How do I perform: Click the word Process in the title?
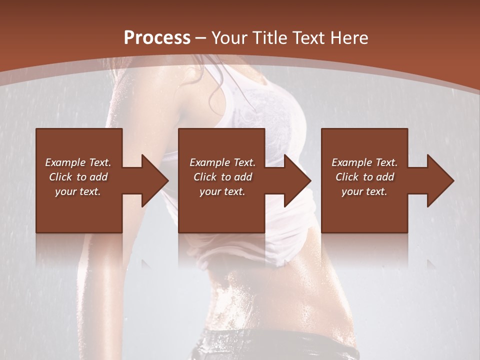[157, 38]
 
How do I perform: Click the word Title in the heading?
[266, 38]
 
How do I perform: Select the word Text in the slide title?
[308, 38]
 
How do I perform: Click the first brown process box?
[79, 210]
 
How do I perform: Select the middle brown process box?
[221, 210]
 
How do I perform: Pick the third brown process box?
[364, 210]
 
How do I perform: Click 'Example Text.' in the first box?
[78, 162]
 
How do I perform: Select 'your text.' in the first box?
[78, 191]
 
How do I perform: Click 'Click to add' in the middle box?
[222, 177]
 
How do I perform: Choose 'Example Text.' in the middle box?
[222, 162]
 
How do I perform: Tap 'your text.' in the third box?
[364, 191]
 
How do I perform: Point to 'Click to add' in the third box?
[364, 177]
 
